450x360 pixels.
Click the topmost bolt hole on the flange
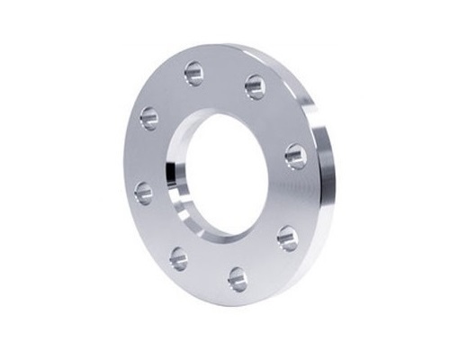coord(194,72)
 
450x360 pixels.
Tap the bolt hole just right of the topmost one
coord(255,85)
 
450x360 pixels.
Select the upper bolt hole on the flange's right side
coord(295,155)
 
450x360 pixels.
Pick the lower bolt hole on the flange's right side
coord(288,237)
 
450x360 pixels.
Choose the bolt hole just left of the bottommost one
coord(178,258)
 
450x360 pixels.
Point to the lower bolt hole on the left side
coord(144,192)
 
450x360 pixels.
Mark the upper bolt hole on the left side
coord(149,118)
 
